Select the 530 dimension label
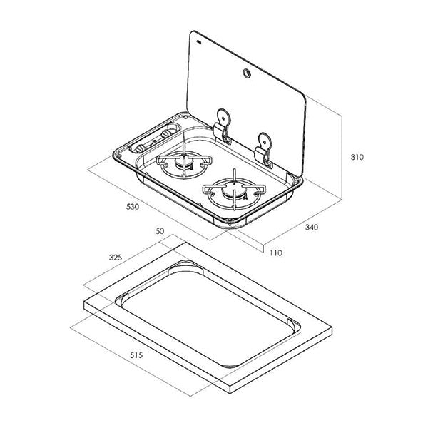pos(131,207)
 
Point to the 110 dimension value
pos(275,252)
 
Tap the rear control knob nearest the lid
pos(170,131)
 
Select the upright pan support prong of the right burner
pos(232,175)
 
